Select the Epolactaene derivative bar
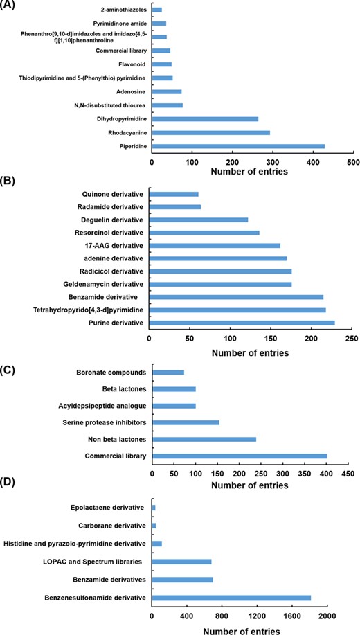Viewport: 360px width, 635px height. [x=153, y=508]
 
